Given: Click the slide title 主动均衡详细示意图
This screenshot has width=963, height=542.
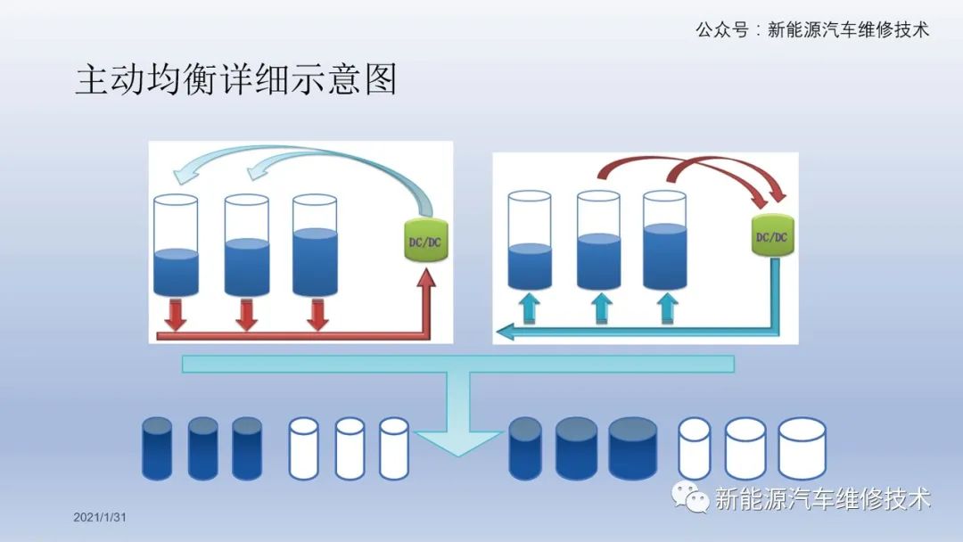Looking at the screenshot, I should coord(235,79).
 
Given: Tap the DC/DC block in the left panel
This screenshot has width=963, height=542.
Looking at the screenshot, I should coord(424,241).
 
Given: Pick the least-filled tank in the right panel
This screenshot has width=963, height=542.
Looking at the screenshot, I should coord(530,241).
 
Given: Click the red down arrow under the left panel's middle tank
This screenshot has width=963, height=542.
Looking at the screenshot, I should coord(246,315).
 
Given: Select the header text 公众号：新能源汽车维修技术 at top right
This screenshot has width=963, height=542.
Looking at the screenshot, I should coord(811,29).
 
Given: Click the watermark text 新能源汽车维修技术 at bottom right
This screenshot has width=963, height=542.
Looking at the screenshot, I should coord(822,498).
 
